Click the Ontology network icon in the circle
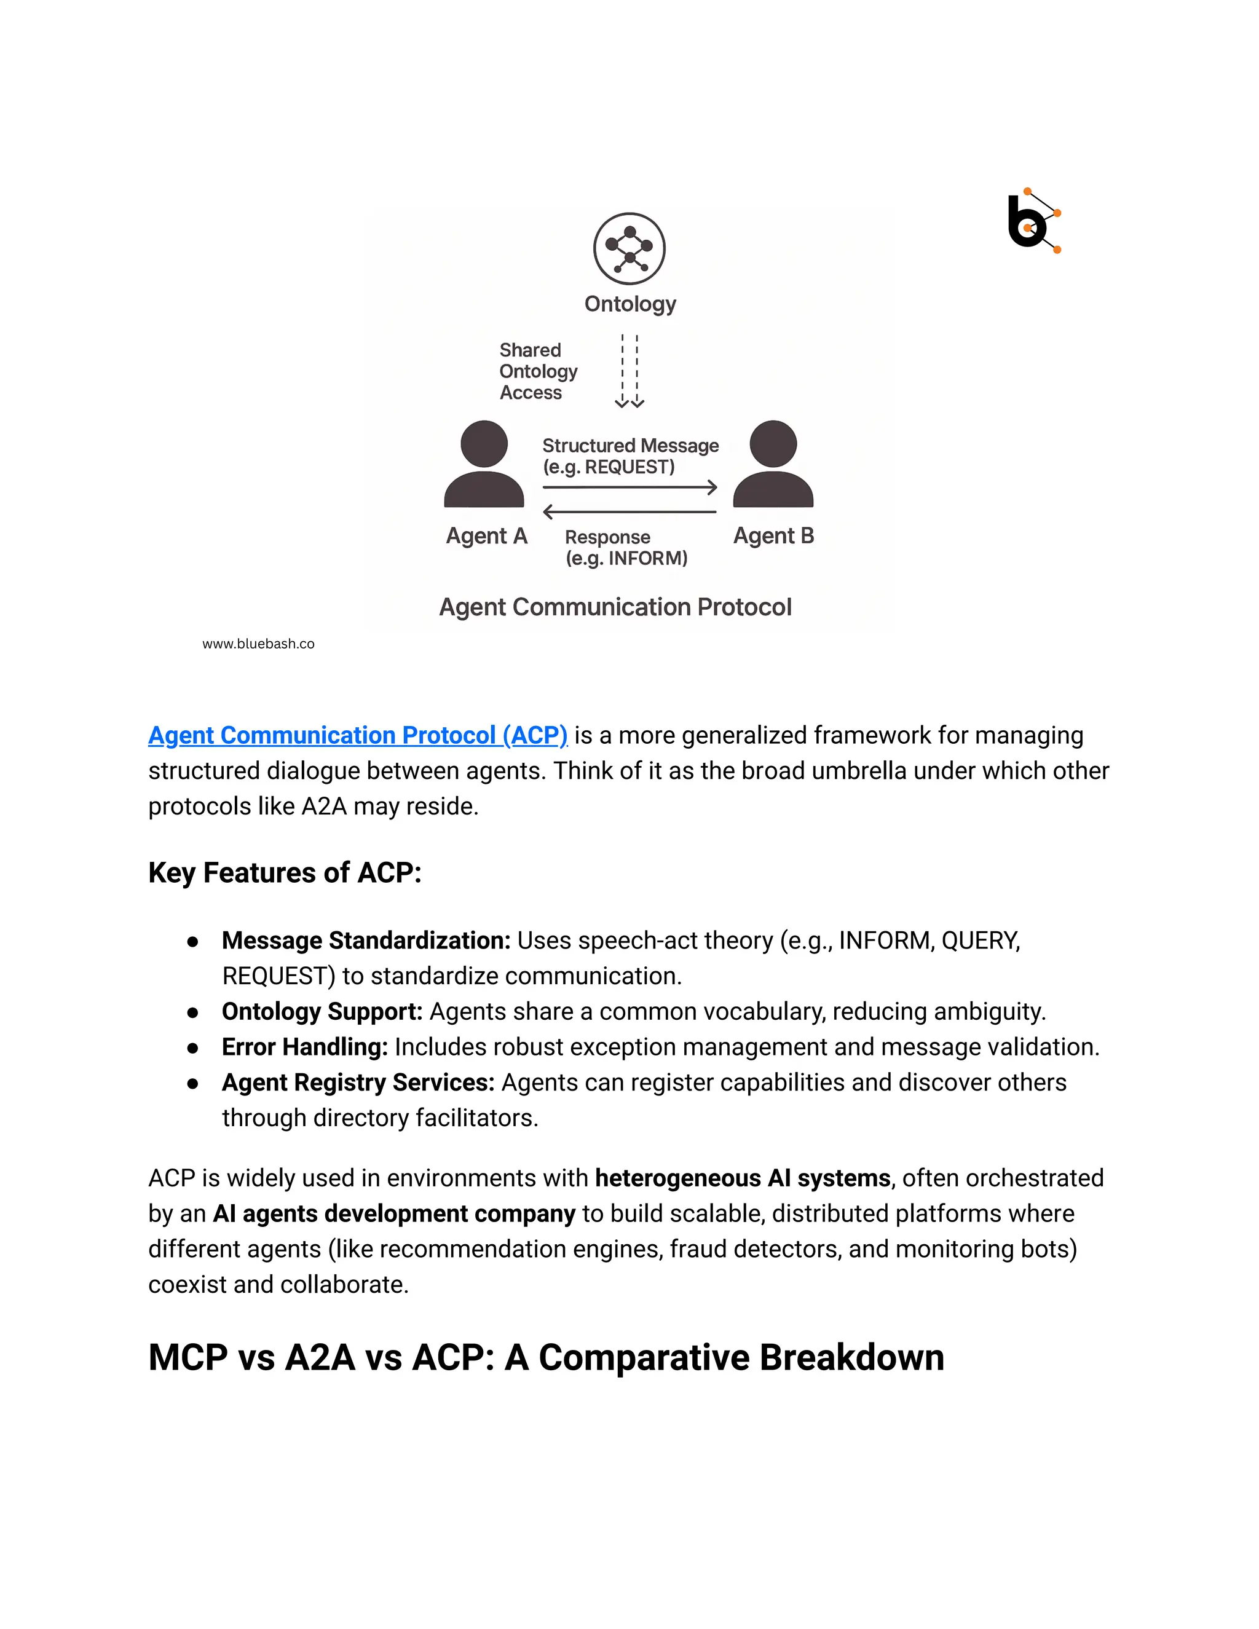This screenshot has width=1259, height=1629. pyautogui.click(x=629, y=248)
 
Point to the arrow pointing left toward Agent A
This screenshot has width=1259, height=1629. pyautogui.click(x=630, y=511)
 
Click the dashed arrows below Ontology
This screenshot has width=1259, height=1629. pyautogui.click(x=629, y=371)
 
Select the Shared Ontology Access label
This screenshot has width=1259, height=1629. pyautogui.click(x=537, y=371)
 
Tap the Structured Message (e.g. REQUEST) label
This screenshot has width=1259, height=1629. pyautogui.click(x=629, y=456)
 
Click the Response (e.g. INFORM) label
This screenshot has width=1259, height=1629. pyautogui.click(x=625, y=548)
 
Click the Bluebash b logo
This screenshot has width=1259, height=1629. pyautogui.click(x=1032, y=221)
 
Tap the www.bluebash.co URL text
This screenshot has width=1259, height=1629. pyautogui.click(x=258, y=644)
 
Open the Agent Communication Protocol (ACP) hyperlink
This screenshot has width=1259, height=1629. pyautogui.click(x=357, y=735)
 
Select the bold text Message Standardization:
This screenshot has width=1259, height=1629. pyautogui.click(x=366, y=940)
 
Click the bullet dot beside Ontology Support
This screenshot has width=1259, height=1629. pyautogui.click(x=192, y=1012)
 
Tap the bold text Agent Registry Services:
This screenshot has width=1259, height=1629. pyautogui.click(x=358, y=1083)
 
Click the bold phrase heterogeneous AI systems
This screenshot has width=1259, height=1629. pyautogui.click(x=742, y=1178)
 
